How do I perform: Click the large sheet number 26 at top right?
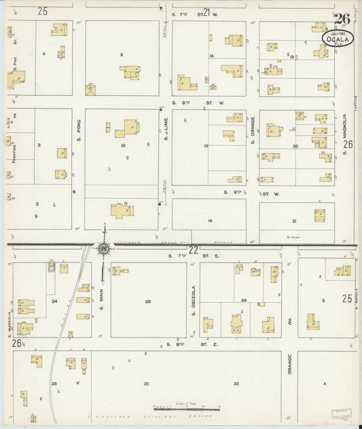tap(341, 19)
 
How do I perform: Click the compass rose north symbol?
tap(103, 248)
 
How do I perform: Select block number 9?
tap(122, 54)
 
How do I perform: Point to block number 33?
tap(236, 384)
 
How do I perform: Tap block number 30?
tap(146, 384)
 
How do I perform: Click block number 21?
tap(293, 222)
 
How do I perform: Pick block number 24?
tap(54, 299)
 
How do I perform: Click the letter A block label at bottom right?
tap(325, 384)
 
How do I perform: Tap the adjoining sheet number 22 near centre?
tap(193, 250)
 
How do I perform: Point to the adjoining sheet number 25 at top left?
tap(43, 11)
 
